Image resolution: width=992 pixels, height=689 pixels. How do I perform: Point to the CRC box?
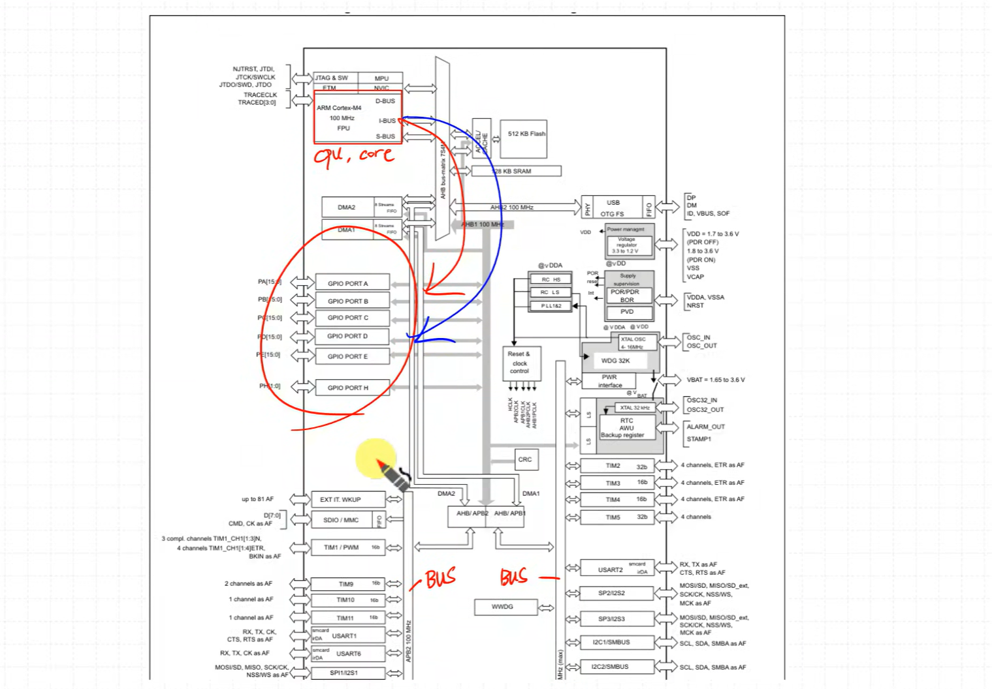click(526, 459)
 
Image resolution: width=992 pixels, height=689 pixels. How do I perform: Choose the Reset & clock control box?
click(520, 363)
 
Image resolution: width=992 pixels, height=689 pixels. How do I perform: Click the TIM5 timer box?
click(616, 517)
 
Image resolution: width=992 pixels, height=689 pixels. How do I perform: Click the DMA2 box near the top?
click(347, 207)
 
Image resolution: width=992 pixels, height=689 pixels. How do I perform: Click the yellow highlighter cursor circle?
click(376, 458)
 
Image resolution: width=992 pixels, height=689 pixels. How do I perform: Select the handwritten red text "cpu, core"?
click(353, 155)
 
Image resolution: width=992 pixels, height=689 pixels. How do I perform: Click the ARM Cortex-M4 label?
click(339, 108)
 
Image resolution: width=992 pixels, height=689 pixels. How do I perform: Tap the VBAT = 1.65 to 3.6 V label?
click(715, 380)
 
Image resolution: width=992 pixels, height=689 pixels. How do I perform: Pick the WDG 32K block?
click(616, 360)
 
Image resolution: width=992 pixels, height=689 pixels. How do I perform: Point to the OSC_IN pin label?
click(698, 337)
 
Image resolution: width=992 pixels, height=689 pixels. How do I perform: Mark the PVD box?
click(627, 312)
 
